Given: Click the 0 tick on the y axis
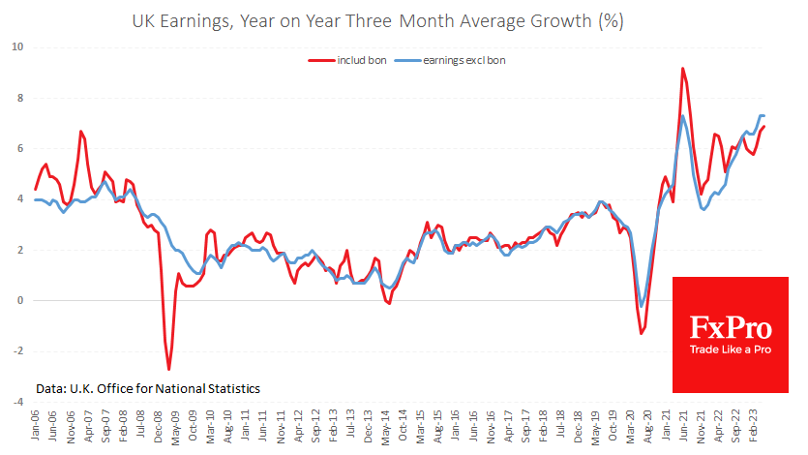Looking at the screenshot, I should pos(19,300).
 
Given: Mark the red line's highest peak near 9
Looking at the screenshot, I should pos(682,69).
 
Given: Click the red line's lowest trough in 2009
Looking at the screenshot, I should pos(169,369).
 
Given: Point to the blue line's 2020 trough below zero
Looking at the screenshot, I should pos(641,307).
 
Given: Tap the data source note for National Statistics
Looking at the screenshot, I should pos(147,388).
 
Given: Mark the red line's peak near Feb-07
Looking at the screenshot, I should pos(81,132).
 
